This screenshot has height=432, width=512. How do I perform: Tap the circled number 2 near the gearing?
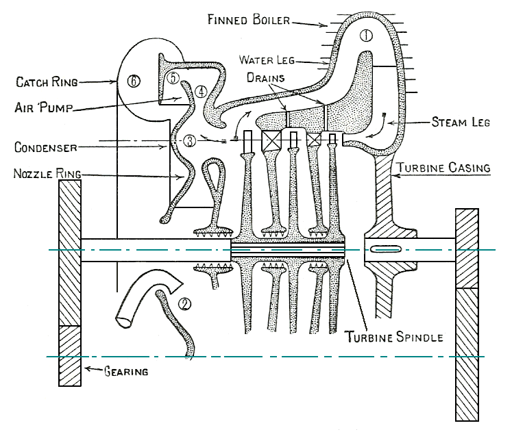point(183,302)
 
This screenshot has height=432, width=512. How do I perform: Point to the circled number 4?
point(200,90)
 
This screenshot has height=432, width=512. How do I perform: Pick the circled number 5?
point(173,78)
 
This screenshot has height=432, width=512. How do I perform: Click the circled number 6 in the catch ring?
point(133,81)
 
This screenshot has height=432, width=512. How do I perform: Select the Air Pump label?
point(45,107)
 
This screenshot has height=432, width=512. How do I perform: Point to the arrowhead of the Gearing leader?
point(83,370)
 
